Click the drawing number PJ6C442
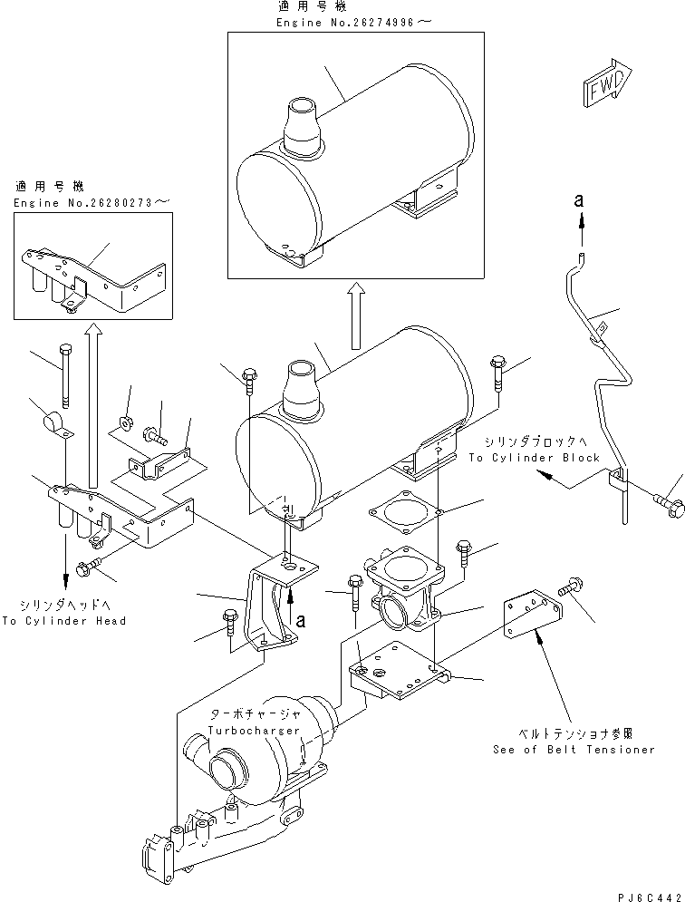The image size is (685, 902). [x=642, y=892]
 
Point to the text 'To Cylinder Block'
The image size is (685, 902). [x=534, y=458]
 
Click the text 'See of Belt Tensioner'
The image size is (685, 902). [x=574, y=750]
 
